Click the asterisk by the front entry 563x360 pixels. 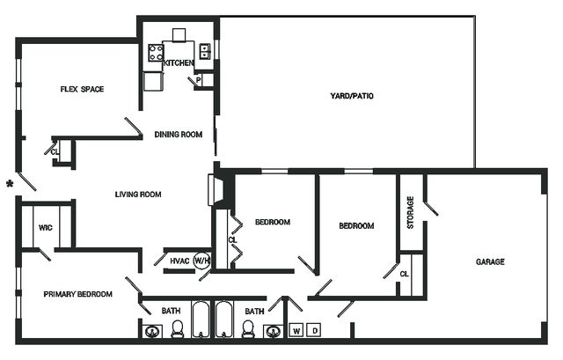[10, 184]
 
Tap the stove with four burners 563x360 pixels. [156, 53]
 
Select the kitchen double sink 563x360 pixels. [204, 51]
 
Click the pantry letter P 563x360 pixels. [198, 80]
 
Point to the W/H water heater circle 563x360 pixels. [201, 261]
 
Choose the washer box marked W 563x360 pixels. [296, 331]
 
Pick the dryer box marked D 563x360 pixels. [315, 331]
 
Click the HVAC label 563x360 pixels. [179, 261]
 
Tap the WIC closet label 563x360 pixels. [45, 227]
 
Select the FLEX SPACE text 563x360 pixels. [82, 89]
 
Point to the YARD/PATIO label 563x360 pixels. [352, 96]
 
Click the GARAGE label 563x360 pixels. [490, 261]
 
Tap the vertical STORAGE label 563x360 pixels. [411, 213]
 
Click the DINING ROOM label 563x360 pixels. [178, 135]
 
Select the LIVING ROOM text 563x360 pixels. [138, 195]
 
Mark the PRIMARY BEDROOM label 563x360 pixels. [78, 294]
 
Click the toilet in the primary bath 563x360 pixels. [177, 328]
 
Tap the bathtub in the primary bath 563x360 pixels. [201, 320]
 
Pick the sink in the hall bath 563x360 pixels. [274, 331]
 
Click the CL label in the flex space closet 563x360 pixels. [55, 152]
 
